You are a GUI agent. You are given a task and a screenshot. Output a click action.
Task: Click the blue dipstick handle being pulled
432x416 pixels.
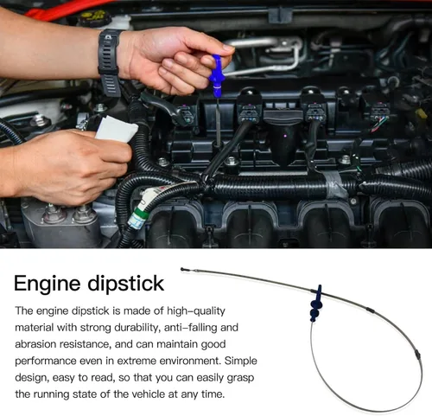[x=218, y=75]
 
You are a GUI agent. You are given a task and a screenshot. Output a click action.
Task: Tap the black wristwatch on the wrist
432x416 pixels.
[x=110, y=62]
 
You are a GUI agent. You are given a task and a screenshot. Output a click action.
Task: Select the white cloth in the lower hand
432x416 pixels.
[x=117, y=129]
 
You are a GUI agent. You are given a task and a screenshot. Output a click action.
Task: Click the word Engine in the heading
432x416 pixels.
[x=47, y=284]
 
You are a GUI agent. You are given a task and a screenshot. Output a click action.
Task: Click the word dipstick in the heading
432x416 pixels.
[x=126, y=284]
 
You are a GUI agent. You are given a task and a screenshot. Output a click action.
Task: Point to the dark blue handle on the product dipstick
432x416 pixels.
[x=316, y=304]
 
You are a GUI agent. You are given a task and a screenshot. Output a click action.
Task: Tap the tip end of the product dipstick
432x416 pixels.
[x=182, y=269]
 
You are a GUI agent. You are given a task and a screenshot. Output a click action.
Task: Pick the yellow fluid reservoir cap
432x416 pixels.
[x=92, y=17]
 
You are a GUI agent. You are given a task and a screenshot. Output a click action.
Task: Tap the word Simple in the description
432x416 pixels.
[x=241, y=361]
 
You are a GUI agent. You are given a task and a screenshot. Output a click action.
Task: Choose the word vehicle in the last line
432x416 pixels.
[x=149, y=394]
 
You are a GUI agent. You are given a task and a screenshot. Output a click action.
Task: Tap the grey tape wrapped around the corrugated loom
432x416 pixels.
[x=334, y=183]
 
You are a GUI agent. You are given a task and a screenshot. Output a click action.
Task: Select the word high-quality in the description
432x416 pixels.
[x=196, y=311]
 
